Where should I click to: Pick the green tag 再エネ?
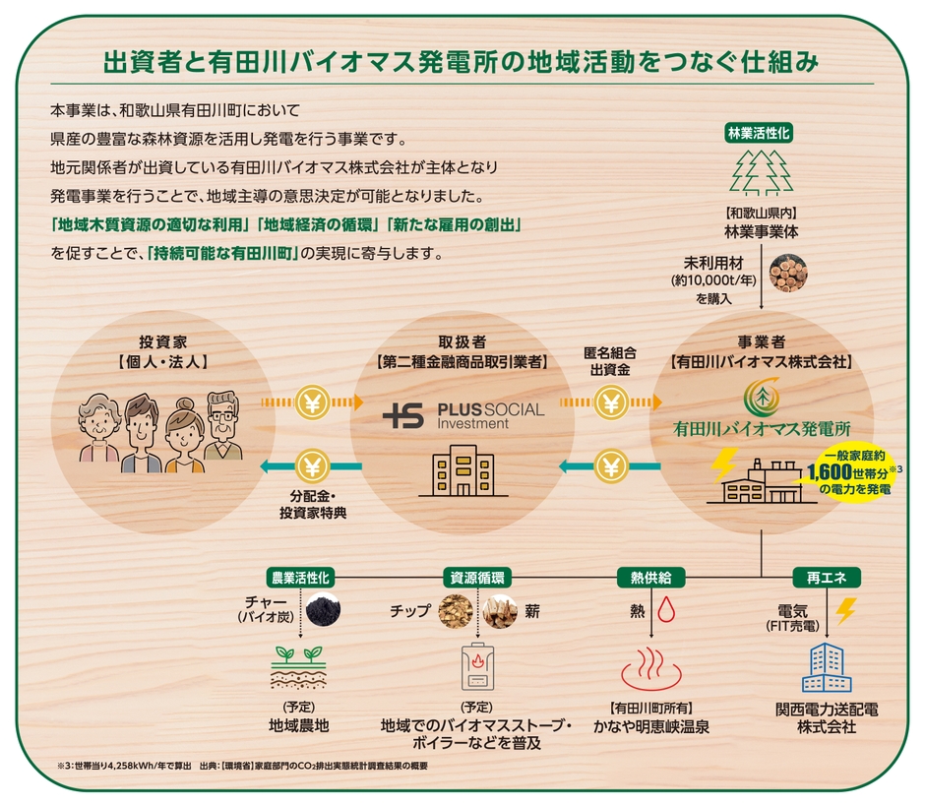(x=820, y=578)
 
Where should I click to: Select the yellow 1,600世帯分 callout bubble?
(x=852, y=472)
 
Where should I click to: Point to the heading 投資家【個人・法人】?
(x=158, y=351)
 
